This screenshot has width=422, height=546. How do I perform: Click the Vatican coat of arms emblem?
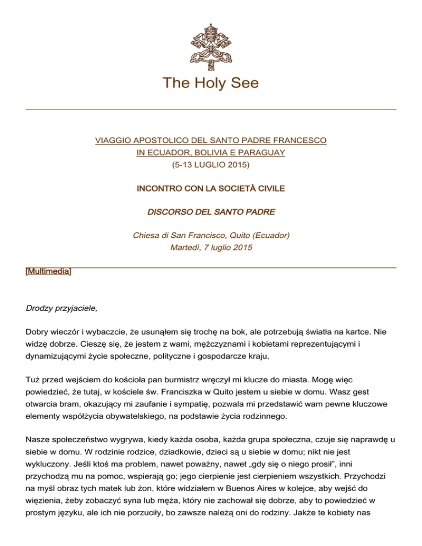211,40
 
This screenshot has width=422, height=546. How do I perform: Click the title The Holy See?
211,84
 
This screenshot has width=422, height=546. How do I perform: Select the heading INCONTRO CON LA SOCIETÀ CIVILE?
211,188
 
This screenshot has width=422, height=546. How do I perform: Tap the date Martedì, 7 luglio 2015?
211,247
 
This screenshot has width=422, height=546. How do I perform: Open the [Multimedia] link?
49,272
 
